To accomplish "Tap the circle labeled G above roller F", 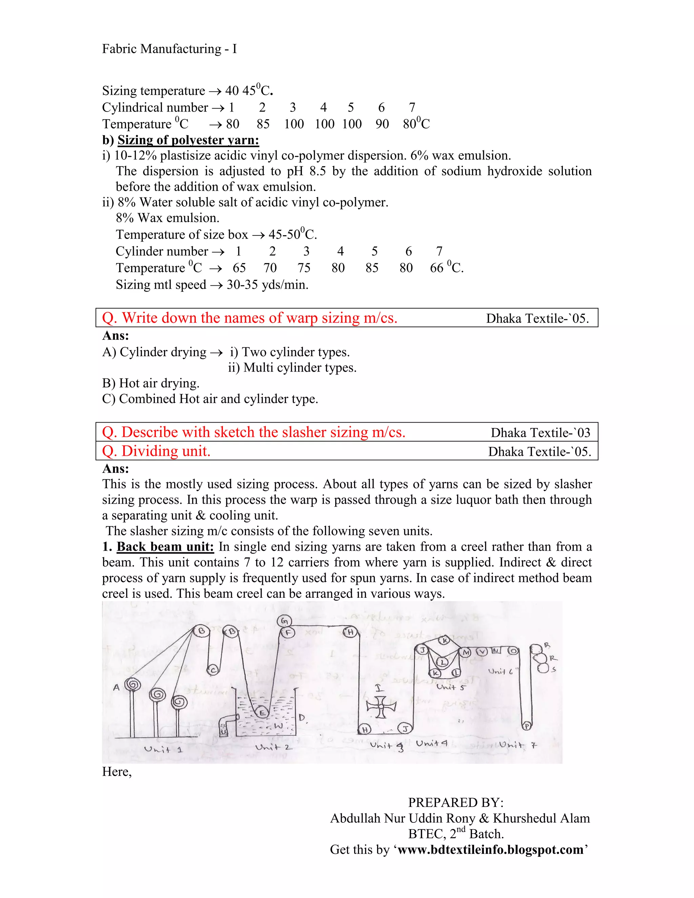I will point(284,621).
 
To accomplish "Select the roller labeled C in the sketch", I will point(212,670).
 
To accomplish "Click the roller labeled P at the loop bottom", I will point(527,726).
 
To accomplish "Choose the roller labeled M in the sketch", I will point(466,653).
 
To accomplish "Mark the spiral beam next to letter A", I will point(133,685).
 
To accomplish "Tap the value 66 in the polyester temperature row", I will point(436,268).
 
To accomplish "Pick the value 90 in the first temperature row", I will point(382,124).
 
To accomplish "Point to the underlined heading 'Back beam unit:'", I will point(165,547).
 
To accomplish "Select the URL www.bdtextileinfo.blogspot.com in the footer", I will point(490,850).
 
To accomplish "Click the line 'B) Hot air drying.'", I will point(151,383).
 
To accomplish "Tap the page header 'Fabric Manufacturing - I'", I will point(169,49).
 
